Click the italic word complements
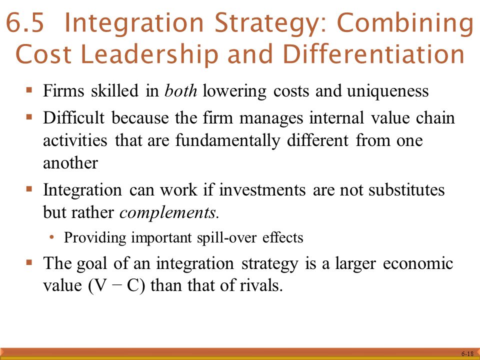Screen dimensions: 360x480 click(168, 213)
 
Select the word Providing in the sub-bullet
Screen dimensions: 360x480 click(95, 237)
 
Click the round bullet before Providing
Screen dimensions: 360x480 click(52, 237)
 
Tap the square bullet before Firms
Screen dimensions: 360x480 click(29, 91)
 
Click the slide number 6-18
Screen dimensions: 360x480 click(467, 353)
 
